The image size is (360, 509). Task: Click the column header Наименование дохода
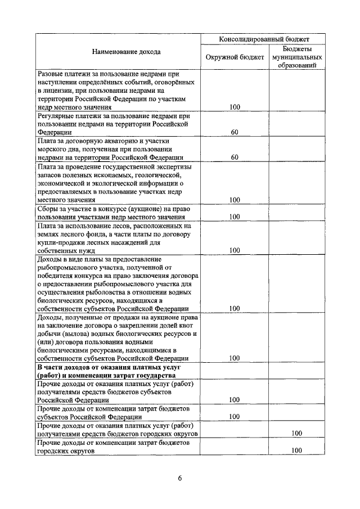pyautogui.click(x=119, y=52)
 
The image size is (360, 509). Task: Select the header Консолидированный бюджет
pyautogui.click(x=264, y=39)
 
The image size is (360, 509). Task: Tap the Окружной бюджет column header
pyautogui.click(x=235, y=57)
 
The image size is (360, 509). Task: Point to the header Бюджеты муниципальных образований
pyautogui.click(x=296, y=57)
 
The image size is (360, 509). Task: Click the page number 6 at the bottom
pyautogui.click(x=180, y=478)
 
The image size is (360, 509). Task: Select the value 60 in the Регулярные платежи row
pyautogui.click(x=235, y=132)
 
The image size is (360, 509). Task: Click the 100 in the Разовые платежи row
pyautogui.click(x=235, y=106)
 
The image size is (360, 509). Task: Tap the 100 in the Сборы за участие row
pyautogui.click(x=235, y=216)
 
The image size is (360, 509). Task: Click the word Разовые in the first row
pyautogui.click(x=51, y=73)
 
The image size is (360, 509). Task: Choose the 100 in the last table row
pyautogui.click(x=296, y=451)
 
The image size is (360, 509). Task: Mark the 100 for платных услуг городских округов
pyautogui.click(x=296, y=434)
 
